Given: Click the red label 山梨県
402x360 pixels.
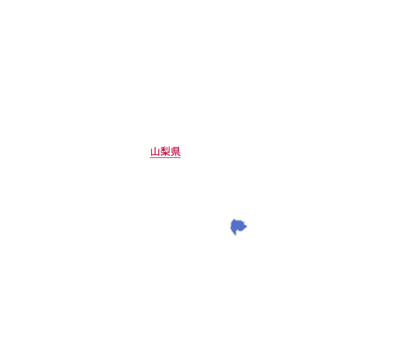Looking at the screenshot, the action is [165, 151].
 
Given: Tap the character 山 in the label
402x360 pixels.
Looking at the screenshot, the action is [155, 151].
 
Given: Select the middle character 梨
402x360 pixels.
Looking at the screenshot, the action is [165, 151].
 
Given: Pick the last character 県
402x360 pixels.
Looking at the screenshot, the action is [175, 151].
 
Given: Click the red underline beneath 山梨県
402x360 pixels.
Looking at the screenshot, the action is [165, 157].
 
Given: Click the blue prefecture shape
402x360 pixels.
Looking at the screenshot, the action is [238, 226].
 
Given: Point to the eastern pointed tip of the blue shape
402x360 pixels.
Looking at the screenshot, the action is [247, 226].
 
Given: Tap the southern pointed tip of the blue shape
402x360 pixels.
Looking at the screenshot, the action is [235, 235].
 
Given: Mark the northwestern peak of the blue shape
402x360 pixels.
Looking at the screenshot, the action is [234, 219].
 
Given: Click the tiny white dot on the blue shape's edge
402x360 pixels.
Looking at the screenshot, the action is [245, 224].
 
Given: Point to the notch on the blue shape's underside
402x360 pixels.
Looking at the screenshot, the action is [238, 229].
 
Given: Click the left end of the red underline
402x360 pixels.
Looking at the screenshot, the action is [150, 157].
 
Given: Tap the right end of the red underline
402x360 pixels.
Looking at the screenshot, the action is [181, 157].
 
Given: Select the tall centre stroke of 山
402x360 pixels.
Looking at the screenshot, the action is [155, 151].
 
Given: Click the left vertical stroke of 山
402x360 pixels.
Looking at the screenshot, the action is [151, 152].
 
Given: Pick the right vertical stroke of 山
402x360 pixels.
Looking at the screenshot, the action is [159, 152].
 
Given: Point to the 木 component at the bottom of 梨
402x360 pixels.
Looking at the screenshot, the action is [165, 154].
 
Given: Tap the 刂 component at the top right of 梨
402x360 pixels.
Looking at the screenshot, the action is [168, 149].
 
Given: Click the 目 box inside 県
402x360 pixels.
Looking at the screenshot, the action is [176, 149].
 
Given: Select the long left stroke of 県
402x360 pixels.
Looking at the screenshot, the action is [172, 150].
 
